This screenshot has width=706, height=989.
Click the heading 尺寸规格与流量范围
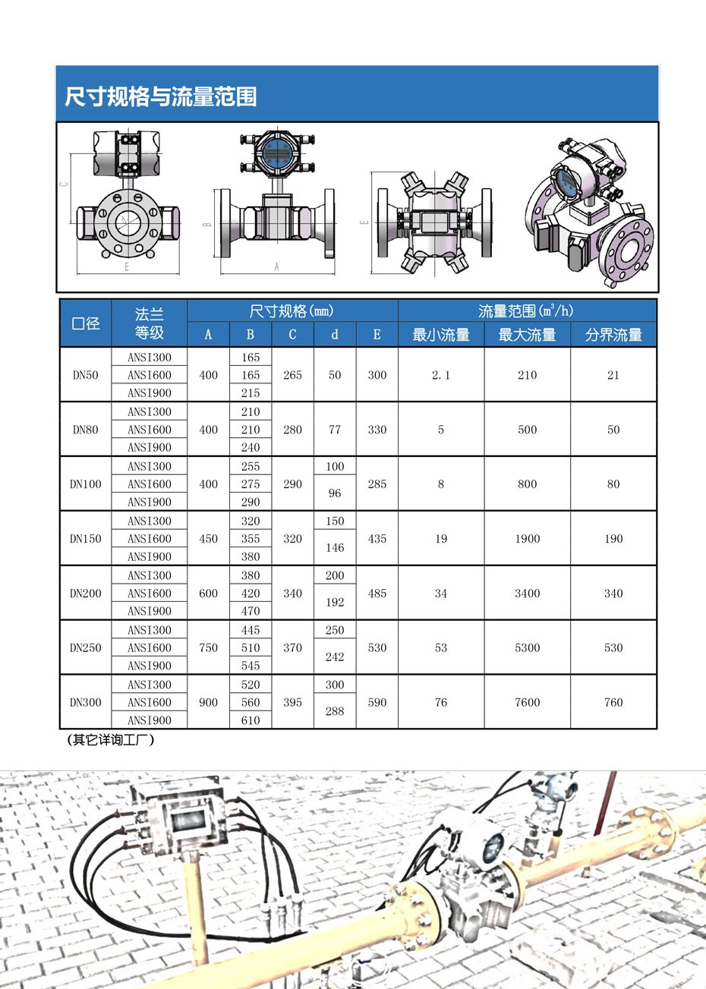click(160, 97)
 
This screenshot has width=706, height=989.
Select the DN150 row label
click(85, 539)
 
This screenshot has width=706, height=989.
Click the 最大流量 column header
click(527, 335)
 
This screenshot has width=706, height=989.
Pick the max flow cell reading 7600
click(527, 703)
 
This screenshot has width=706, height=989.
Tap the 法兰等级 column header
click(149, 323)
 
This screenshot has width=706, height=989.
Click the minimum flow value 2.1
click(440, 375)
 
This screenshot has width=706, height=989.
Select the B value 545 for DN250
click(251, 666)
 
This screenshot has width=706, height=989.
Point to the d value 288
click(335, 711)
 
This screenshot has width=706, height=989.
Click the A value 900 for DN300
click(208, 703)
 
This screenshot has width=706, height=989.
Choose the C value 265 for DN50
click(292, 375)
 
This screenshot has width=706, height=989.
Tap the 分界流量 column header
click(613, 335)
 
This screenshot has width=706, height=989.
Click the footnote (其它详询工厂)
click(111, 740)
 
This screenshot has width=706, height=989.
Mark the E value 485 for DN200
click(377, 594)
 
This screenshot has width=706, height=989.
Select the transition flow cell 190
click(613, 539)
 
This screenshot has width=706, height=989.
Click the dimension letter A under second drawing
click(276, 267)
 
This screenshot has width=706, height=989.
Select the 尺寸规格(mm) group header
click(292, 311)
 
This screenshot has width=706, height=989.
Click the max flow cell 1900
click(527, 539)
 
